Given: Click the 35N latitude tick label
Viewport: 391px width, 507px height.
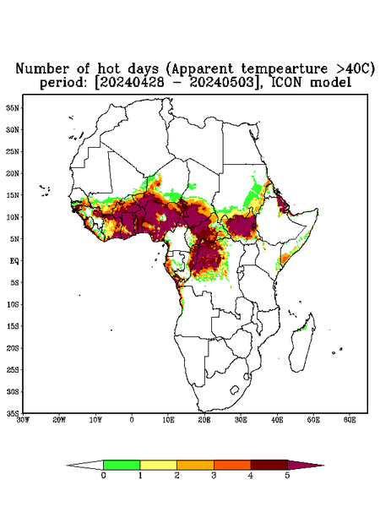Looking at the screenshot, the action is (13, 108).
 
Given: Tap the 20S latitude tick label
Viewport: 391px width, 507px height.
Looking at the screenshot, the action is (13, 348).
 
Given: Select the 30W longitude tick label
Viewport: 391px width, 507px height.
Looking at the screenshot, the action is (23, 420).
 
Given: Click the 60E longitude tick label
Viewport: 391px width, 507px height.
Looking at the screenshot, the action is (350, 420).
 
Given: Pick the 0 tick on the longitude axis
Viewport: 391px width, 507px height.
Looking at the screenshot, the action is (132, 420).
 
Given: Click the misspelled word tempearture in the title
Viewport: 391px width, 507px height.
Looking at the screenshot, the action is (280, 69).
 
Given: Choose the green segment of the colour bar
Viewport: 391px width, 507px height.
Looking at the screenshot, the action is (122, 465).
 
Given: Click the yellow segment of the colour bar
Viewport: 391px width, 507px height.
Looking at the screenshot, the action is (158, 465).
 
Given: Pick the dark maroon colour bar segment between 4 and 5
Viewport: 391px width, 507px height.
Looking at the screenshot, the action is (269, 465).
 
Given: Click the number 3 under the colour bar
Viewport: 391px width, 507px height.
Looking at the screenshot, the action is (214, 476).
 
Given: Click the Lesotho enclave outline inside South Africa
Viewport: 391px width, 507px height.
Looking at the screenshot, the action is (234, 390).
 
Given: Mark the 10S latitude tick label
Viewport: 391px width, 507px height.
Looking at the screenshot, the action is (13, 304).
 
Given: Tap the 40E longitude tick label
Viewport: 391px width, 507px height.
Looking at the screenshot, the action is (277, 420).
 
